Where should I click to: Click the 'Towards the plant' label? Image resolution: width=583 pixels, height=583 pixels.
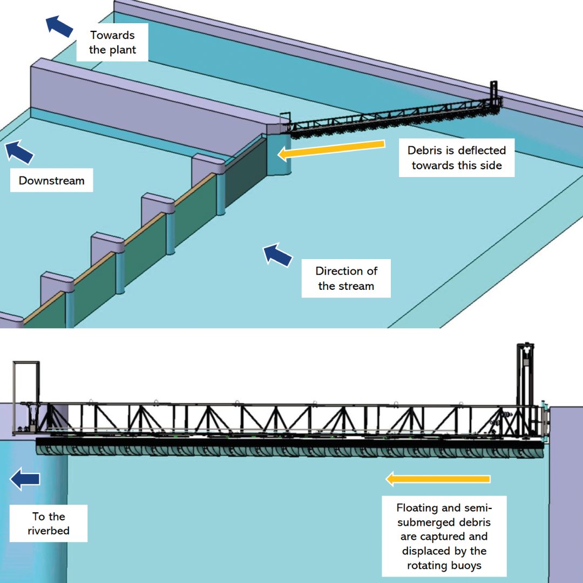pyautogui.click(x=112, y=42)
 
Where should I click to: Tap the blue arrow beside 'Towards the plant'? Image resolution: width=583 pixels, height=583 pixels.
pyautogui.click(x=59, y=26)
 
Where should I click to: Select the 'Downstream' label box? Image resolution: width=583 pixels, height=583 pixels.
pyautogui.click(x=52, y=180)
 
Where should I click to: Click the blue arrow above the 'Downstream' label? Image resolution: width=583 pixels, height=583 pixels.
pyautogui.click(x=19, y=152)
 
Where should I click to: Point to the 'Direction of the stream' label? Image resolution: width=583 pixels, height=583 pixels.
pyautogui.click(x=345, y=279)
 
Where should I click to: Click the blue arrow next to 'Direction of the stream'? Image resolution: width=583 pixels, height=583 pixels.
pyautogui.click(x=277, y=255)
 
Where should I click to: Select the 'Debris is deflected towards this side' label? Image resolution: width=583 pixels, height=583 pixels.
pyautogui.click(x=457, y=158)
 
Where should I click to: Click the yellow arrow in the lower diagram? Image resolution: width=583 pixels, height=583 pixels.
pyautogui.click(x=437, y=479)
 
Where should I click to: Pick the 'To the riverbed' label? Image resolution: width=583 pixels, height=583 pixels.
pyautogui.click(x=49, y=524)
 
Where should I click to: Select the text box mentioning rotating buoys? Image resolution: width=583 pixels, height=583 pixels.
pyautogui.click(x=444, y=537)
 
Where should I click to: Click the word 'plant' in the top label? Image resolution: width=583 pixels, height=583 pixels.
pyautogui.click(x=123, y=50)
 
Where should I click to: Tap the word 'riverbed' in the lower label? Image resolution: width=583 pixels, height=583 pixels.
pyautogui.click(x=49, y=531)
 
